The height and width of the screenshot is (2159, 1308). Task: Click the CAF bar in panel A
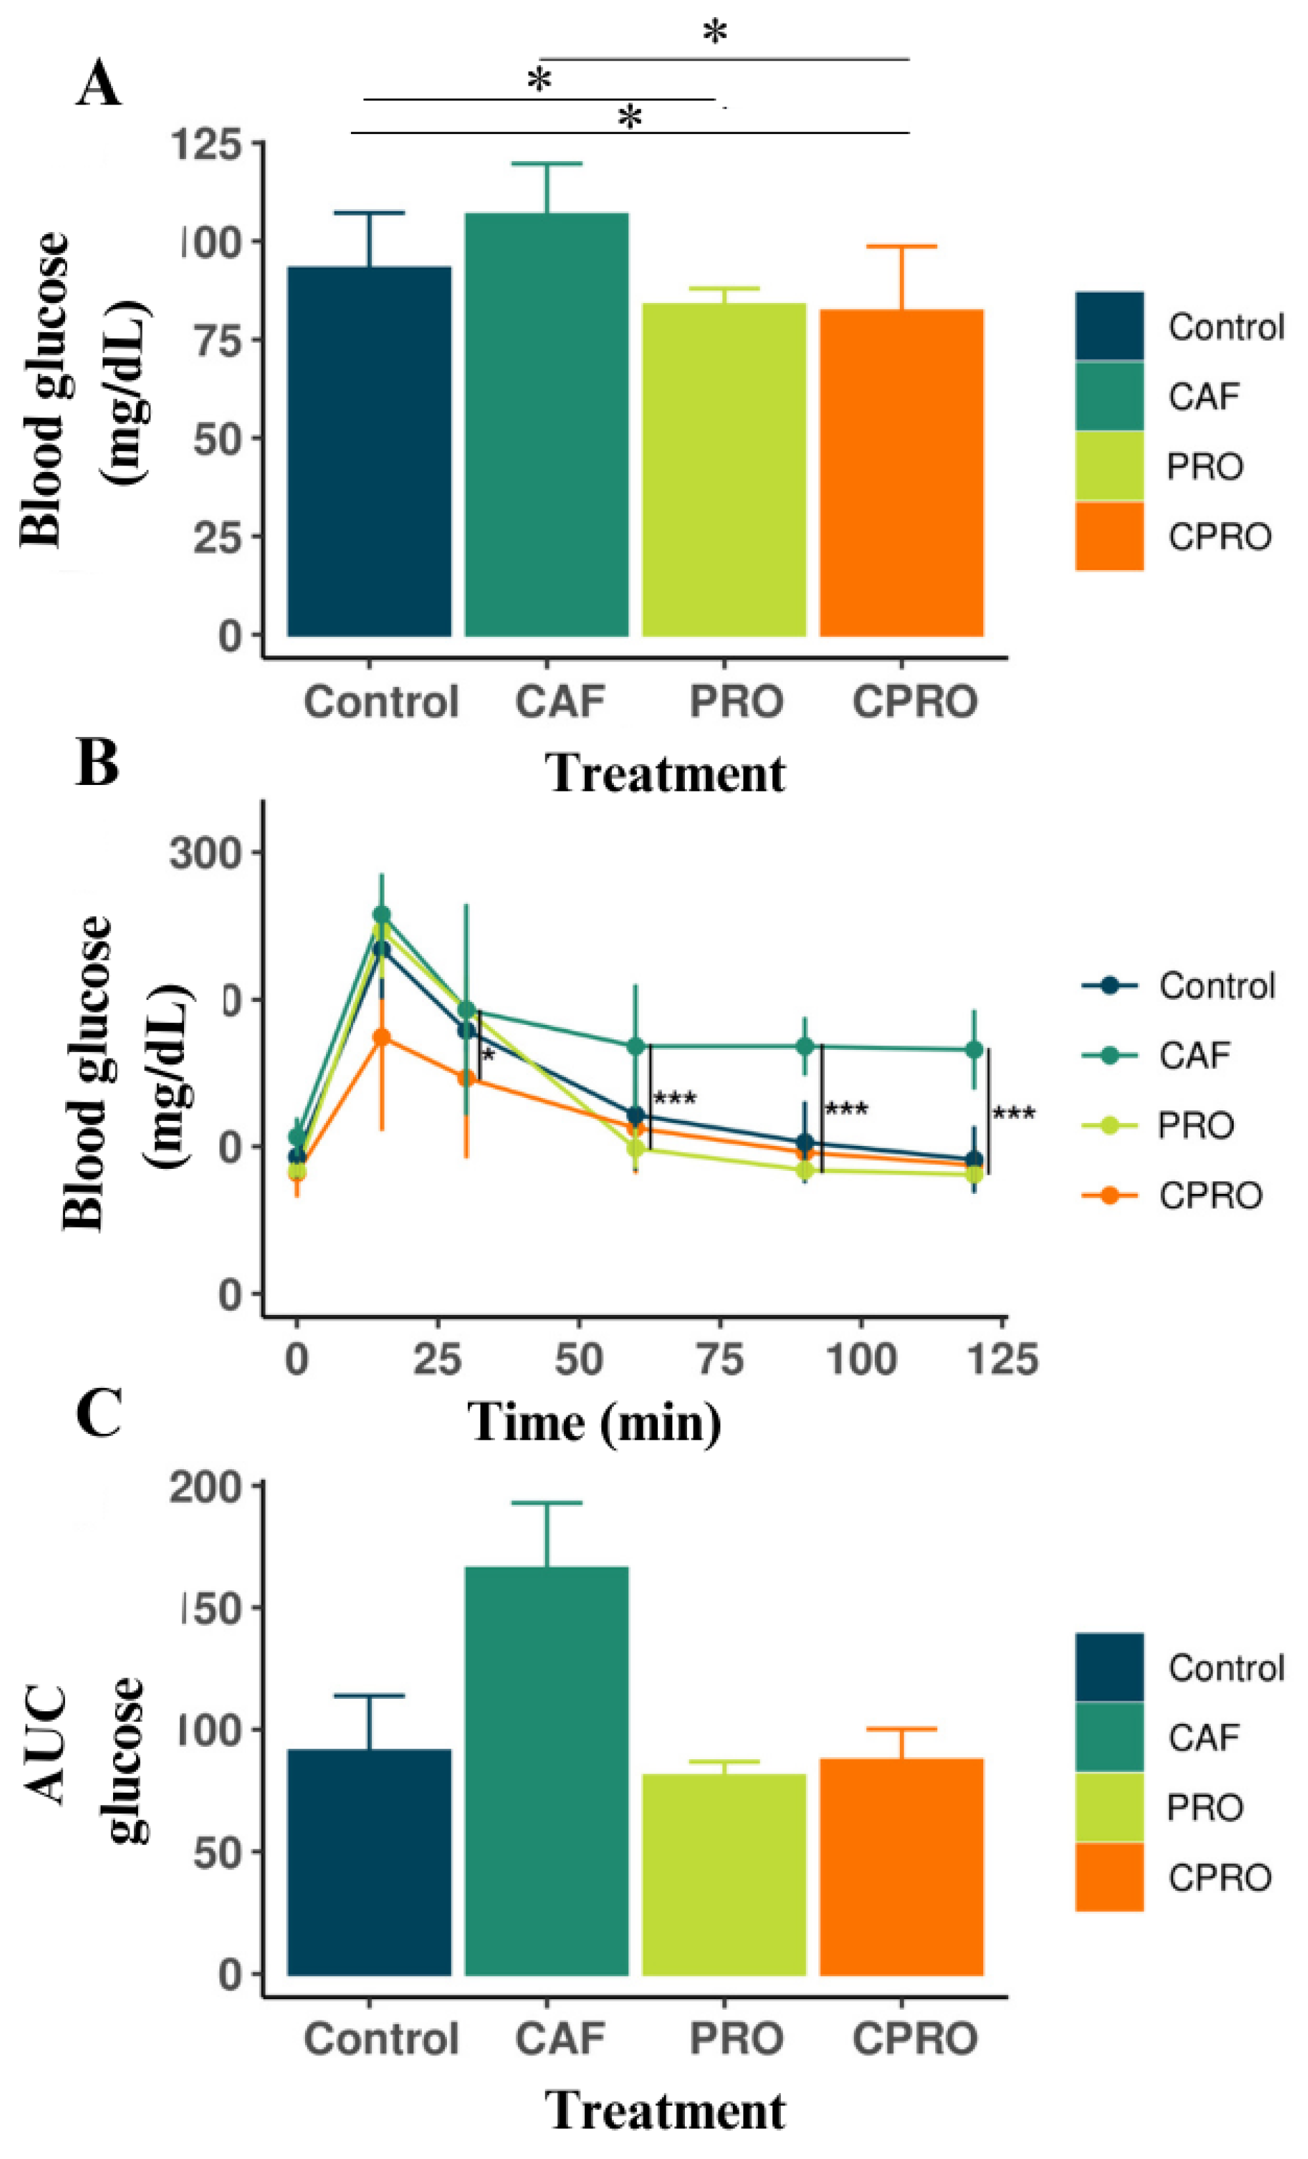pos(546,424)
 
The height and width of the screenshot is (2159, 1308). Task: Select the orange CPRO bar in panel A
pos(902,473)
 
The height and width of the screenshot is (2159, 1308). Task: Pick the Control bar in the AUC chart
pos(369,1861)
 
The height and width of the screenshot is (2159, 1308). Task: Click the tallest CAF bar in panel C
pos(546,1770)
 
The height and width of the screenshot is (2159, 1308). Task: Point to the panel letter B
pos(97,763)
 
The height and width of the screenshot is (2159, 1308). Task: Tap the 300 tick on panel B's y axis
pos(205,853)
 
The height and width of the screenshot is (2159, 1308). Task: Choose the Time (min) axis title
pos(594,1421)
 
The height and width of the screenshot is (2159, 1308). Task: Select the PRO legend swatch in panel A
pos(1109,465)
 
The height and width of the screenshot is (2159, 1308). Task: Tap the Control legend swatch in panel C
pos(1109,1667)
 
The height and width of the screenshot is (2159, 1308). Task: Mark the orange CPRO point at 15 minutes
pos(381,1037)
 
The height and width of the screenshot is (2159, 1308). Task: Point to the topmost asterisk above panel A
pos(715,32)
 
